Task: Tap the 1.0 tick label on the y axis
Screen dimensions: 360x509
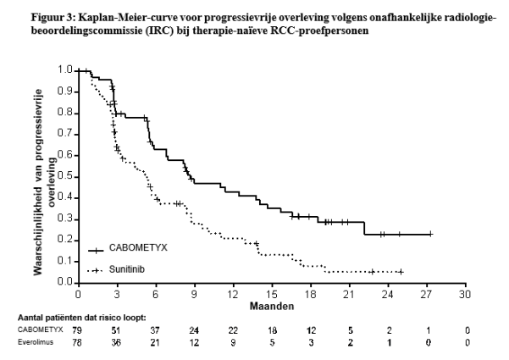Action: point(64,69)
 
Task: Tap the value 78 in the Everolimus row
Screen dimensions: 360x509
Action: point(78,342)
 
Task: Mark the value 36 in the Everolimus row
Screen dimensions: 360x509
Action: point(117,342)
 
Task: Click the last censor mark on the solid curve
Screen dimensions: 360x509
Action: point(430,234)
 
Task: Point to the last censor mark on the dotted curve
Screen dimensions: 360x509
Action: point(400,272)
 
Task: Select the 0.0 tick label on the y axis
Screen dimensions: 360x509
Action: point(64,283)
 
